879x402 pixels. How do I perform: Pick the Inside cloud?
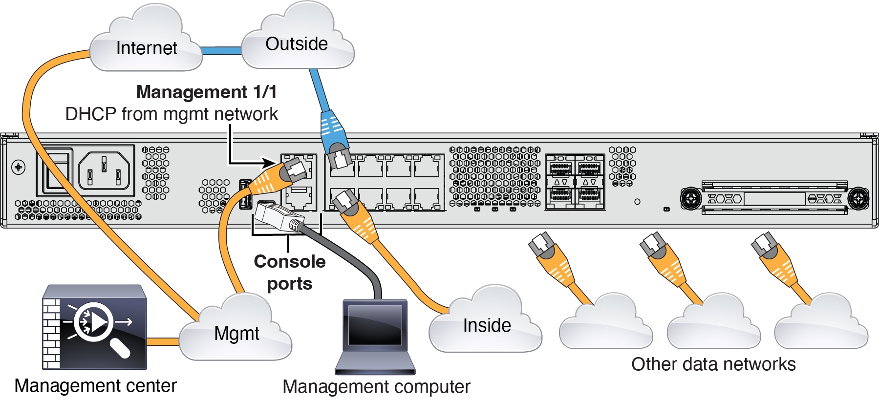pos(486,324)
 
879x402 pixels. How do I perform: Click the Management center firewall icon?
pos(95,327)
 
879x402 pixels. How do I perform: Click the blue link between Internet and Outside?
pos(221,50)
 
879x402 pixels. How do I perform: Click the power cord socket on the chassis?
pos(104,170)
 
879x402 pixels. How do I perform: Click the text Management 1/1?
pos(206,92)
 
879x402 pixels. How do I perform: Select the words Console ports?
pos(289,272)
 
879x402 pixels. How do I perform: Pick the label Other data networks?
pos(713,364)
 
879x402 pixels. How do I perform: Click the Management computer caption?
pos(376,386)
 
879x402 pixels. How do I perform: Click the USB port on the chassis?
pos(245,194)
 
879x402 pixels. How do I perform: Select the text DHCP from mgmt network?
pos(172,114)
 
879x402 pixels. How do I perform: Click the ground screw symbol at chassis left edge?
pos(19,168)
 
